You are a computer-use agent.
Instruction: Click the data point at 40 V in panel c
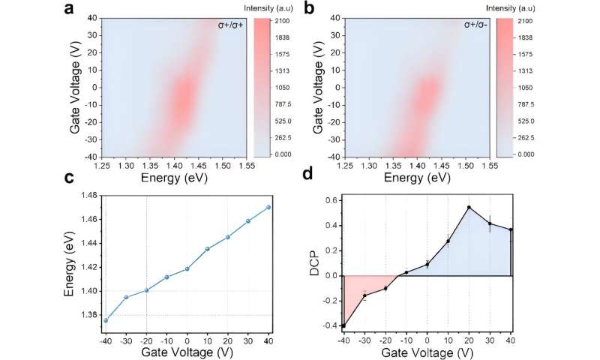coord(268,207)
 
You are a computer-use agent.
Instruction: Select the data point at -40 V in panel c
coord(106,320)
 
